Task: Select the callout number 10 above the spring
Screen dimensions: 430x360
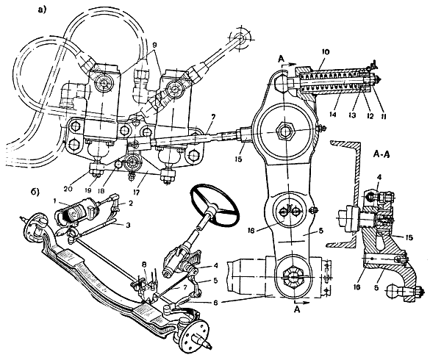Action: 326,52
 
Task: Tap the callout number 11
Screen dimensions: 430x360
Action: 383,116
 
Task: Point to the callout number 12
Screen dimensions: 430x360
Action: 370,116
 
